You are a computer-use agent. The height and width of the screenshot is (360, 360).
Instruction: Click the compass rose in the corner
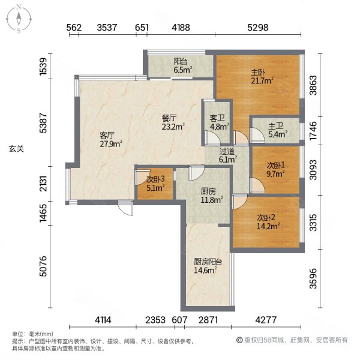(x=19, y=19)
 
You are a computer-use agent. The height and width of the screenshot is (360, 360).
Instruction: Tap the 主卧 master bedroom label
(x=262, y=77)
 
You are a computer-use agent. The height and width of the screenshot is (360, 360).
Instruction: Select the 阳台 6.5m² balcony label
(x=183, y=65)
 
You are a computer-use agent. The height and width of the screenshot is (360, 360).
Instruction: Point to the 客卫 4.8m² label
(x=219, y=122)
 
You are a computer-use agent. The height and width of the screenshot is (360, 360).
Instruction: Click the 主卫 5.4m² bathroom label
(x=278, y=130)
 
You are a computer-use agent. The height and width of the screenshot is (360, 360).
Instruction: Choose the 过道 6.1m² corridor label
(x=228, y=155)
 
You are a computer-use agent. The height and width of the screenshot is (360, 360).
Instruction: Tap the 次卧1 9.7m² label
(x=275, y=169)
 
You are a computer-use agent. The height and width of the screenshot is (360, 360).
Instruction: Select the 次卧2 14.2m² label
(x=268, y=222)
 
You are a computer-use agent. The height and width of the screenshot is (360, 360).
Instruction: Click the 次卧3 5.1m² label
(x=155, y=184)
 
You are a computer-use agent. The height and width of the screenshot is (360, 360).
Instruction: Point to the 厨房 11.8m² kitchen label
(x=212, y=196)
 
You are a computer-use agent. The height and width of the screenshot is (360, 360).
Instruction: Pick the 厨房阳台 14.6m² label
(x=208, y=266)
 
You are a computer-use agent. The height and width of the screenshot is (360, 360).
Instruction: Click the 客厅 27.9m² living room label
(x=110, y=139)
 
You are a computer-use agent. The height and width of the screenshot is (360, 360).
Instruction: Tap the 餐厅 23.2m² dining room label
(x=173, y=122)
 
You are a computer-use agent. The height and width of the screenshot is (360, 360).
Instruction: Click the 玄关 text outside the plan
(x=16, y=149)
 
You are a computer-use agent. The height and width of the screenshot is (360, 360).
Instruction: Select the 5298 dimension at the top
(x=258, y=28)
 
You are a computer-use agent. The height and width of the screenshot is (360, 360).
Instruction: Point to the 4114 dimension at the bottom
(x=103, y=320)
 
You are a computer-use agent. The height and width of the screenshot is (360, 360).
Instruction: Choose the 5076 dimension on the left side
(x=43, y=266)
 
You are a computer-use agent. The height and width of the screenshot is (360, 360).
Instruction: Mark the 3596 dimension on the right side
(x=313, y=278)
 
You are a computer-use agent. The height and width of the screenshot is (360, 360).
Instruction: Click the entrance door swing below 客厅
(x=125, y=208)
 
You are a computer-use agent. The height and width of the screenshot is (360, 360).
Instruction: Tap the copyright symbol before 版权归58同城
(x=239, y=340)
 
